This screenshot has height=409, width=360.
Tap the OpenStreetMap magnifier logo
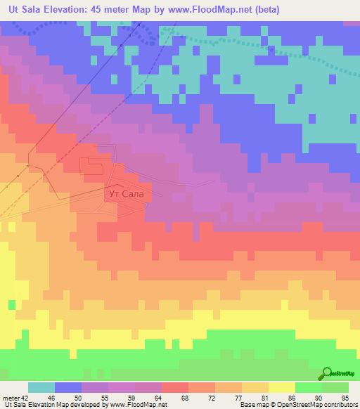click(327, 373)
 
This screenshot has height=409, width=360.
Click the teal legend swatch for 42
click(41, 387)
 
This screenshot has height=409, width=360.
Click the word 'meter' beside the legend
click(11, 398)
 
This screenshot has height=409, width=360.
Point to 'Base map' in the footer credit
click(252, 405)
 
